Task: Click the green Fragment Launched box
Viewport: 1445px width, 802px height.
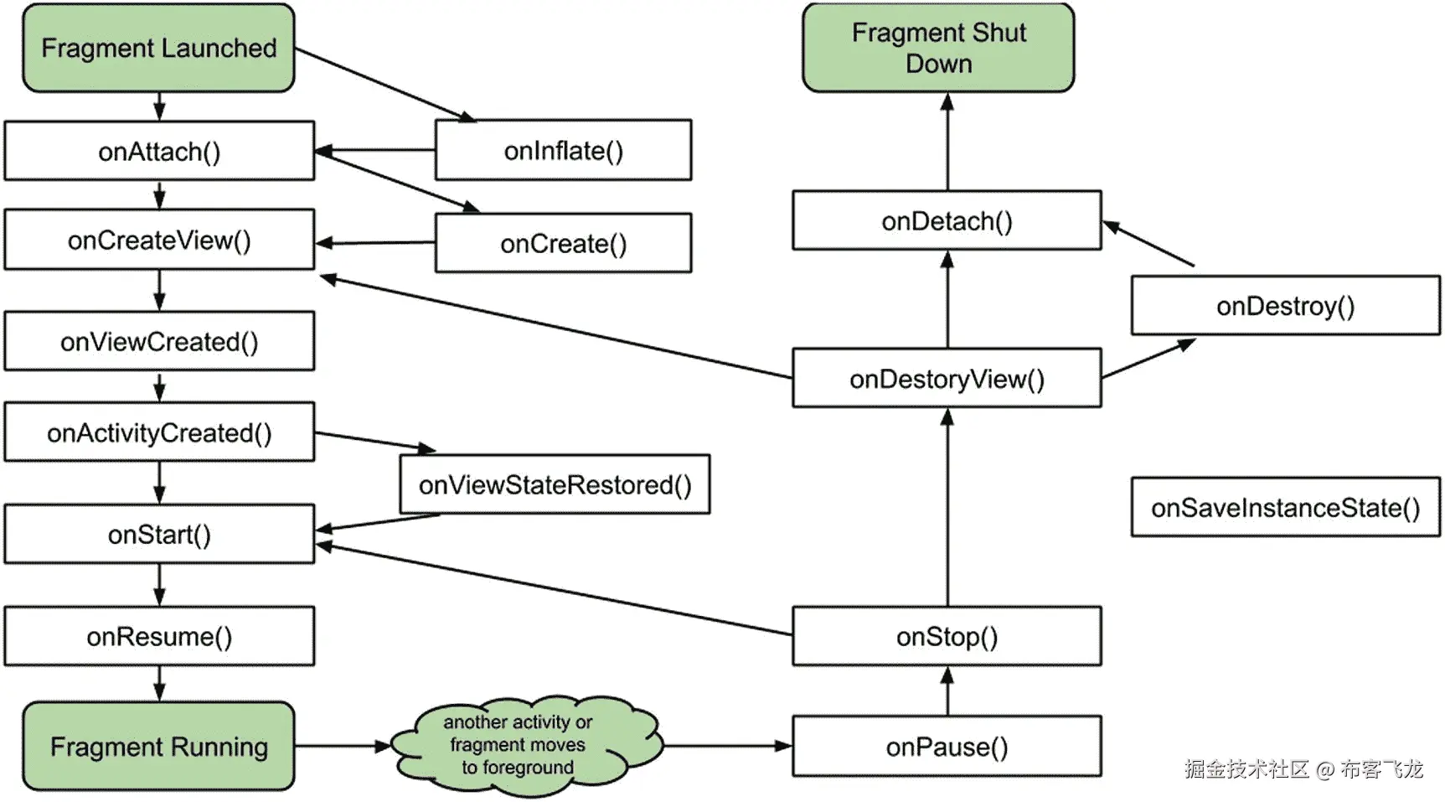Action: click(158, 48)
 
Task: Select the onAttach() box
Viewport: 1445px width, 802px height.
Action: click(159, 151)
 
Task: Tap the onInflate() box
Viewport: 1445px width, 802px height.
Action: click(563, 150)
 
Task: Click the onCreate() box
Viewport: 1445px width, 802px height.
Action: click(563, 243)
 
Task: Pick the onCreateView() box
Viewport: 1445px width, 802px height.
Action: click(159, 240)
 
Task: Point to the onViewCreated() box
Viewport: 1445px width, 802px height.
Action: click(159, 341)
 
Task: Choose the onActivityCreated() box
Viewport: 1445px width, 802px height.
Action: click(159, 432)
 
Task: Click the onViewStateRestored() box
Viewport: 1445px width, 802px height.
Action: click(555, 484)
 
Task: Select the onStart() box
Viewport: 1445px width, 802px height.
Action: click(159, 534)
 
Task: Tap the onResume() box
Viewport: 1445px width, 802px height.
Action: click(159, 636)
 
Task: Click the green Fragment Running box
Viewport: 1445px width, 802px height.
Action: click(158, 746)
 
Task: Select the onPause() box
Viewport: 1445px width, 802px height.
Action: click(947, 746)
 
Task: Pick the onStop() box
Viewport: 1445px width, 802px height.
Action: click(947, 636)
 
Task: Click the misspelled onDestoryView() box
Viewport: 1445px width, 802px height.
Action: click(947, 379)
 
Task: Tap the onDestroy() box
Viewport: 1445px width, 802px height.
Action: click(1285, 306)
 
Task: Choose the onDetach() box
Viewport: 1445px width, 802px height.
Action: click(947, 220)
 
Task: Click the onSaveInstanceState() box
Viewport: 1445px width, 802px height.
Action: click(1285, 507)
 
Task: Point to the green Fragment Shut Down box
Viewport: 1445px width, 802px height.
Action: click(938, 48)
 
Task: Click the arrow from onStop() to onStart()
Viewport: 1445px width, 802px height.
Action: click(553, 590)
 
